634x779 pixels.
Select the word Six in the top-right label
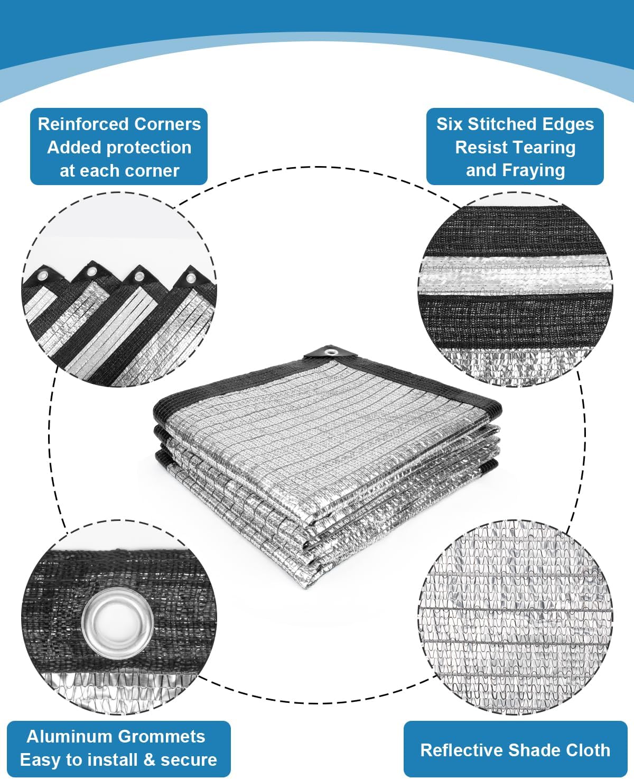pos(449,124)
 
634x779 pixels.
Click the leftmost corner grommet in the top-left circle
pos(41,277)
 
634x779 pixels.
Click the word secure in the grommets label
pos(189,760)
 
